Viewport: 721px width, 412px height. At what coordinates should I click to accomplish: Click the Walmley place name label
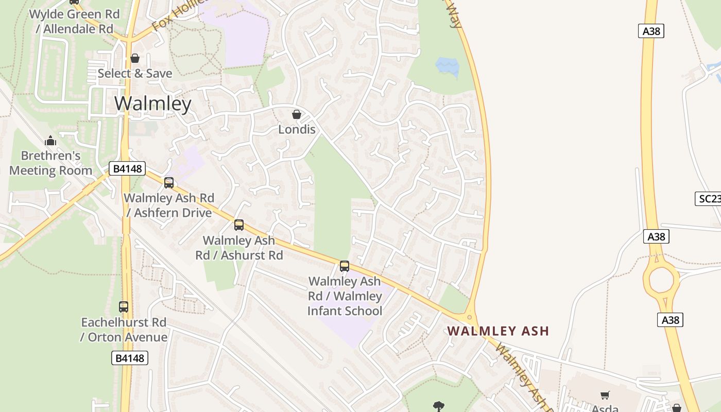click(x=152, y=104)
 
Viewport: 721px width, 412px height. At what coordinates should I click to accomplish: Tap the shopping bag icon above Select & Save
click(x=135, y=59)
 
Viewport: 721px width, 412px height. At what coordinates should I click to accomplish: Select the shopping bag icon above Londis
click(x=297, y=114)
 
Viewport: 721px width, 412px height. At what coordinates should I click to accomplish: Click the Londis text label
click(x=297, y=129)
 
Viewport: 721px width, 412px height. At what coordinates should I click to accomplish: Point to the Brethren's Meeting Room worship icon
click(x=50, y=141)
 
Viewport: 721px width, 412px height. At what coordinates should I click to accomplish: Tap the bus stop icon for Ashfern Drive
click(x=169, y=183)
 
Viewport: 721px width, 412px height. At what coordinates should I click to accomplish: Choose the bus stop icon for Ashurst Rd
click(x=239, y=225)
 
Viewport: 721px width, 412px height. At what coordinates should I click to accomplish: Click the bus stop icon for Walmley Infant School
click(x=345, y=266)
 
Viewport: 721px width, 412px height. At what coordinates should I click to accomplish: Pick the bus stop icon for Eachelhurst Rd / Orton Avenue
click(x=124, y=307)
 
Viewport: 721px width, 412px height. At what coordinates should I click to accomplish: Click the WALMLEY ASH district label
click(x=498, y=331)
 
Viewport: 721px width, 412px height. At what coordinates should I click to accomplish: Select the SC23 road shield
click(x=709, y=199)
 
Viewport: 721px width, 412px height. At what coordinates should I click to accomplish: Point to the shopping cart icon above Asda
click(x=605, y=396)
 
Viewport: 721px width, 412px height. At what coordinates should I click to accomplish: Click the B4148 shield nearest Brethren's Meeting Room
click(x=127, y=168)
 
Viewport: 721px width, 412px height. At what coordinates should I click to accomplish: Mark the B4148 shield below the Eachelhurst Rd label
click(x=130, y=358)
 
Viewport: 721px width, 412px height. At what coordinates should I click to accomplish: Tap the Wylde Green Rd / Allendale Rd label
click(x=74, y=22)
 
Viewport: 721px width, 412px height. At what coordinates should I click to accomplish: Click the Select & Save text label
click(x=135, y=74)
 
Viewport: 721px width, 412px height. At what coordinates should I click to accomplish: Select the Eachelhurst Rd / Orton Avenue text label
click(x=124, y=330)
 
